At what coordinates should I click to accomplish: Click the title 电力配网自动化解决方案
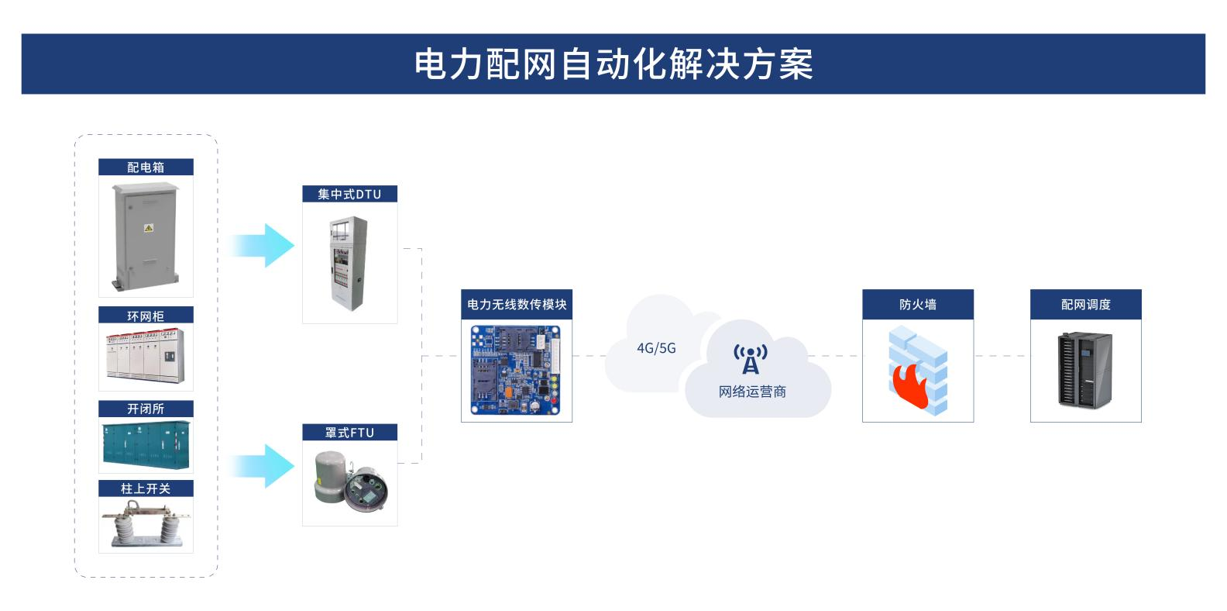(613, 64)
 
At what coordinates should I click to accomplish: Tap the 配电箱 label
(146, 167)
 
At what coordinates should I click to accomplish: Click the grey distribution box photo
(146, 236)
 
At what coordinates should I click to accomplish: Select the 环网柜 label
(146, 316)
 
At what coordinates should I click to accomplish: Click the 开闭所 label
(146, 409)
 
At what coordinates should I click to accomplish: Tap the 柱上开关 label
(146, 488)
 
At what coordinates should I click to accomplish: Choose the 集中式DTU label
(349, 194)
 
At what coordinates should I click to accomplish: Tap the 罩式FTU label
(349, 433)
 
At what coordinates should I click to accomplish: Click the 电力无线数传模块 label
(517, 305)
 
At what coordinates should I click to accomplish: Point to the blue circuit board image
(516, 370)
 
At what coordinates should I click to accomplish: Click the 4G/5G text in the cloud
(656, 348)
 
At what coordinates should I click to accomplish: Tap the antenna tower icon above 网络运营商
(751, 360)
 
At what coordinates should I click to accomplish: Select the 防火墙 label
(918, 305)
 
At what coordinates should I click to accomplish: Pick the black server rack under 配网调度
(1084, 369)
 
